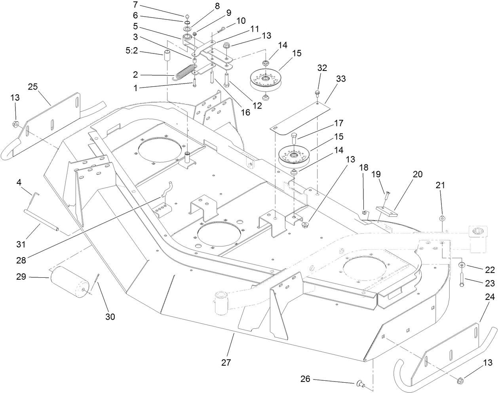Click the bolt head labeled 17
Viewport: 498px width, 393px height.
293,139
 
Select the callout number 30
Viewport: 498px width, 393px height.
110,317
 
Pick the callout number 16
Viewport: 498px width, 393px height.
245,113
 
